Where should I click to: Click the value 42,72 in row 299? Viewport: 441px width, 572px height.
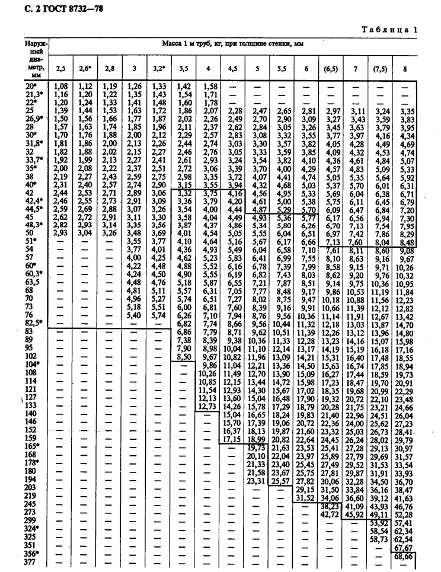(x=329, y=513)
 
